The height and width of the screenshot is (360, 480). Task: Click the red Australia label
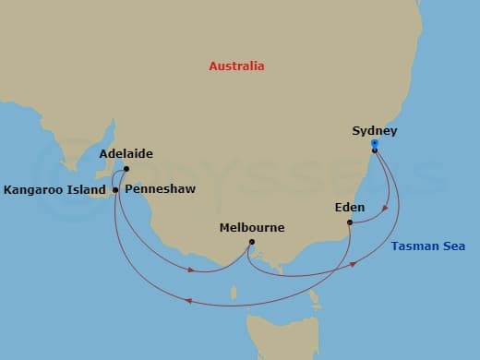tap(236, 66)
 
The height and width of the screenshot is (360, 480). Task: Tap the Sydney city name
tap(375, 131)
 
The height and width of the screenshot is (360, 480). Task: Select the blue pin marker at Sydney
tap(374, 143)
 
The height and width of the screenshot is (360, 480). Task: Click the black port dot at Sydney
tap(374, 150)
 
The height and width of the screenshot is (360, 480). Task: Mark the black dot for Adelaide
tap(126, 169)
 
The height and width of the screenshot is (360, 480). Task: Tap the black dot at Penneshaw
tap(114, 189)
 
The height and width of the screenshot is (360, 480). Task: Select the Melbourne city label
tap(252, 227)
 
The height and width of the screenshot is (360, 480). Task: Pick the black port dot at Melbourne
tap(252, 243)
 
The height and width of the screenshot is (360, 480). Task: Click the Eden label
tap(350, 208)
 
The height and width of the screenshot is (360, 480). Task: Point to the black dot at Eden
tap(350, 222)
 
